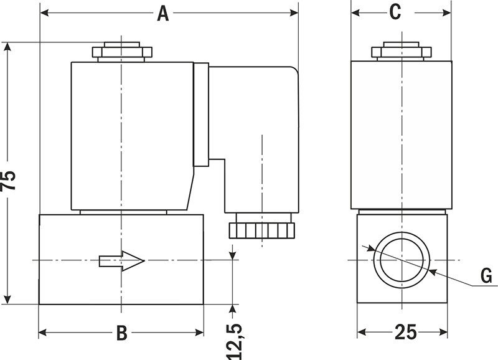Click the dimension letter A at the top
click(162, 13)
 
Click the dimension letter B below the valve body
click(122, 333)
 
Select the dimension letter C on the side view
click(395, 12)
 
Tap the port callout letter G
click(486, 275)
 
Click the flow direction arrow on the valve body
click(121, 260)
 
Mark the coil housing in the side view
click(402, 135)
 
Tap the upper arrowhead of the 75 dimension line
click(7, 47)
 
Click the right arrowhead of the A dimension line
click(294, 13)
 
